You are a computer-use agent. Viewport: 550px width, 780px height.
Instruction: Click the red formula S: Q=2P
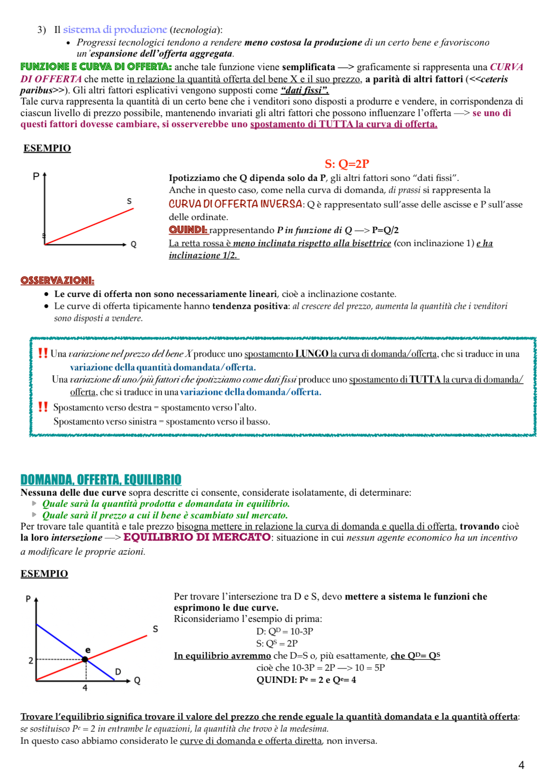coord(347,164)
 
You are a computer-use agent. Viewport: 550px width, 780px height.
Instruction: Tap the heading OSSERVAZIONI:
coord(57,280)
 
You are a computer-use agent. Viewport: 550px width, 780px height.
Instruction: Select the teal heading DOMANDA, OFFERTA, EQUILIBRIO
coord(101,479)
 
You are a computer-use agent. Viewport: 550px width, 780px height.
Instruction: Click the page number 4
coord(521,765)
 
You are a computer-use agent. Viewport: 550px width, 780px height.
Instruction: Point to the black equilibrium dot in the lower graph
coord(85,659)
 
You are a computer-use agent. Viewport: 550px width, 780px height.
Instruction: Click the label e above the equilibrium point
coord(87,650)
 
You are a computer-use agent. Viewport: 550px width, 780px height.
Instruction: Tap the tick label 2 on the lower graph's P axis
coord(31,660)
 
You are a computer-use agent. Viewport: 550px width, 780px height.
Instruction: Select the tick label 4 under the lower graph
coord(85,688)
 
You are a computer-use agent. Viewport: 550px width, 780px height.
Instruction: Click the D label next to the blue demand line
coord(118,672)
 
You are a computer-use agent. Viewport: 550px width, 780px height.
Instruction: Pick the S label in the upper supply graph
coord(129,201)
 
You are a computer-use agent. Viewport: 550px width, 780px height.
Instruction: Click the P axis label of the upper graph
coord(36,177)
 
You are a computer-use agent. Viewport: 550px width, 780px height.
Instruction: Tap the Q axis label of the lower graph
coord(137,681)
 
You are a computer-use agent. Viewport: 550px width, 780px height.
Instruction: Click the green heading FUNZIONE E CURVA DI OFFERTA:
coord(96,67)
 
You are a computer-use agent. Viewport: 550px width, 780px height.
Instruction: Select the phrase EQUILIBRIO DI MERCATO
coord(197,537)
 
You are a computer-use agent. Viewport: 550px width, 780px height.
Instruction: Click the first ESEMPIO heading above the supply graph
coord(47,148)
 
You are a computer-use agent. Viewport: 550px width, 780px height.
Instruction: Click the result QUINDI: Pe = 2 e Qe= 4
coord(306,680)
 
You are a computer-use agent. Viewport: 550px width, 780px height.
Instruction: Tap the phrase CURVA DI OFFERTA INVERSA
coord(235,204)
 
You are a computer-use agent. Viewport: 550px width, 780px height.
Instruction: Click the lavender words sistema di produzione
coord(115,29)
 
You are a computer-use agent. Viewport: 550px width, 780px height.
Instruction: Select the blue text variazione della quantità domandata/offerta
coord(162,368)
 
